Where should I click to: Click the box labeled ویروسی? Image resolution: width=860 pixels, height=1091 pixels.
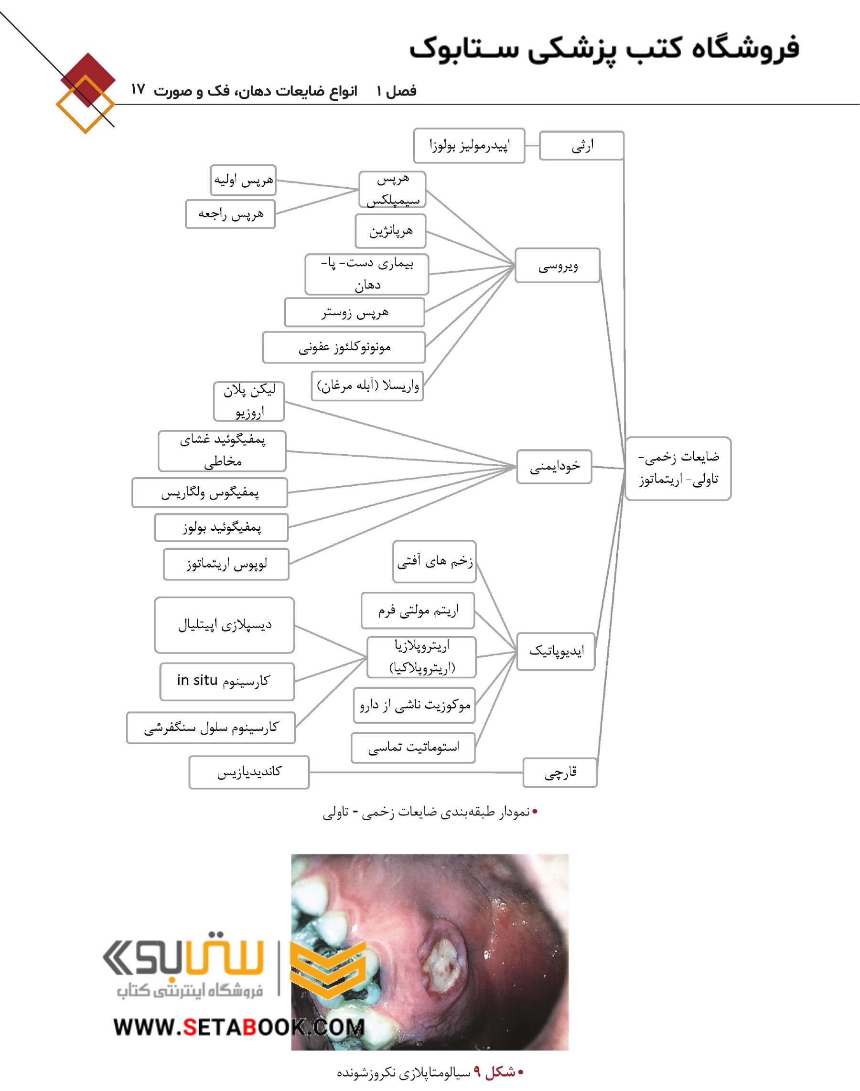(558, 265)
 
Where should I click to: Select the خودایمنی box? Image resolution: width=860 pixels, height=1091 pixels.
(554, 467)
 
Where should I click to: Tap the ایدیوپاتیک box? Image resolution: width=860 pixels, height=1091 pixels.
(556, 652)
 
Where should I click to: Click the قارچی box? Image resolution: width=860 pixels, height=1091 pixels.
(560, 773)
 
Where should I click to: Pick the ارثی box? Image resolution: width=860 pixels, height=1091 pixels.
(581, 146)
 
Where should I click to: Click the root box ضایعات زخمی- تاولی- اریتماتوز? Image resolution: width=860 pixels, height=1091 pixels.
(678, 468)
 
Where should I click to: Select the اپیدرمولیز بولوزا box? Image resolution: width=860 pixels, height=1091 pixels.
(469, 146)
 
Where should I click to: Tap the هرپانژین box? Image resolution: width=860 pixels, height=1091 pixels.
(391, 231)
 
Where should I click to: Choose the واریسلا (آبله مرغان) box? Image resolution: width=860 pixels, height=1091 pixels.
(367, 386)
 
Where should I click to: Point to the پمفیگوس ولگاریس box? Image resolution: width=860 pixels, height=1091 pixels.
(210, 493)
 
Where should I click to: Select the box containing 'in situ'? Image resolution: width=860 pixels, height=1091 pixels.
(227, 682)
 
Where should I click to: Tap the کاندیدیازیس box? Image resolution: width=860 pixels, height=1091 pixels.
(249, 772)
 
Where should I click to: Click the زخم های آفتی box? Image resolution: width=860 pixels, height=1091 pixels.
(434, 562)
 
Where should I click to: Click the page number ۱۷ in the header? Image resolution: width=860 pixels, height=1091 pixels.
(138, 90)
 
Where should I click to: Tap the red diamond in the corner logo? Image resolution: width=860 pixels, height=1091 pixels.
(88, 80)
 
